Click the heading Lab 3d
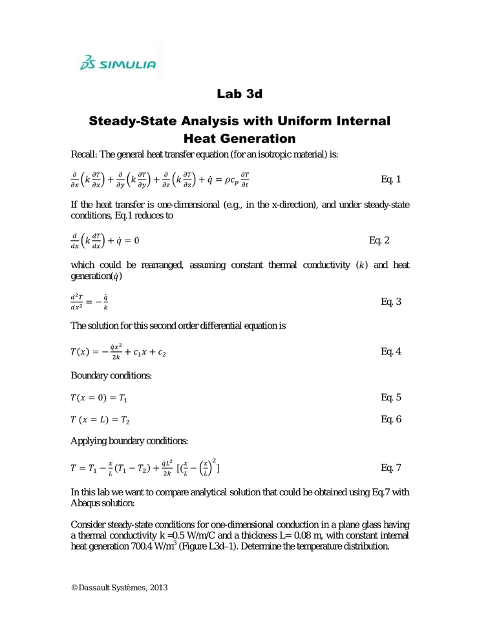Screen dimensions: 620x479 239,94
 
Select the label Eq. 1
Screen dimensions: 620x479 391,179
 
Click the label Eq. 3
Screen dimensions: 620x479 391,301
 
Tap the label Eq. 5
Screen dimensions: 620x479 391,397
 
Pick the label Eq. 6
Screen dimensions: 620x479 391,420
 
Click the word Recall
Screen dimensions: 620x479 84,154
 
